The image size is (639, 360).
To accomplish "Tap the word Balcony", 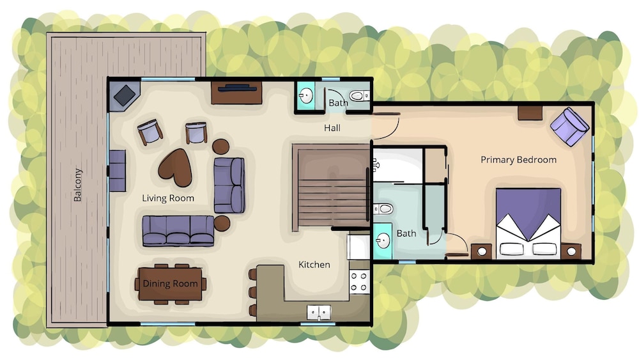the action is (x=77, y=185).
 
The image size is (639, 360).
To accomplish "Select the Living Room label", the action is (x=168, y=198).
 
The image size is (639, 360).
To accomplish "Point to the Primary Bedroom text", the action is (x=518, y=160).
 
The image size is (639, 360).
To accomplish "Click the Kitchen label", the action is (x=314, y=265).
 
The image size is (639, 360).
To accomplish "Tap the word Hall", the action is (x=332, y=128).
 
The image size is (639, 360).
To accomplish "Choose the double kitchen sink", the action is (x=319, y=313).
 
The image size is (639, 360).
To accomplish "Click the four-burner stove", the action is (x=359, y=282).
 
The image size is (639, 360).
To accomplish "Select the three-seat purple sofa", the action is (x=178, y=231).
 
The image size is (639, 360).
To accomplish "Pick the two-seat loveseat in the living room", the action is (x=229, y=185).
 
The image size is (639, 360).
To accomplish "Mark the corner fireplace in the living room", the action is (x=125, y=96).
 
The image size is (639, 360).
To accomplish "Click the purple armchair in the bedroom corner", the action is (x=570, y=127).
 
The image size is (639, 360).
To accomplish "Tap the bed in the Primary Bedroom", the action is (x=528, y=223).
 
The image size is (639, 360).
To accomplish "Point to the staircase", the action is (x=331, y=188).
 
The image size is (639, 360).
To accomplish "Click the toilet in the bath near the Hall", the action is (x=359, y=96).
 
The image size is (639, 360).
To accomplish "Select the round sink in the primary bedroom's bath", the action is (x=383, y=241).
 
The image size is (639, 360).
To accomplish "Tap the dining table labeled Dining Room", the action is (x=170, y=284).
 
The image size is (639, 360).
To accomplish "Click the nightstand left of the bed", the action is (x=481, y=251).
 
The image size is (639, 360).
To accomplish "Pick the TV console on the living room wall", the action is (x=236, y=93).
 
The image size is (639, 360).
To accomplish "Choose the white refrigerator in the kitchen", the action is (x=358, y=247).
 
